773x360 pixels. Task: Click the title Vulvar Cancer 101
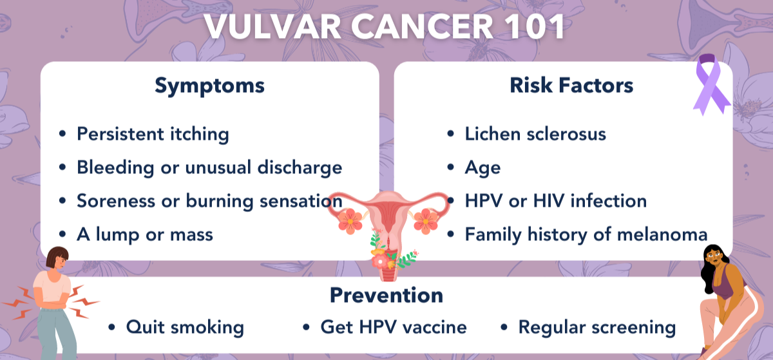tap(384, 26)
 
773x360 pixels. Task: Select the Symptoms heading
tap(209, 86)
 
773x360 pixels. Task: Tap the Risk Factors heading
tap(571, 85)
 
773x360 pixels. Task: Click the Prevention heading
tap(386, 295)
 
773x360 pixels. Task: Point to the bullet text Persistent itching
tap(153, 134)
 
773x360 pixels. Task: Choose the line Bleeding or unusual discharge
tap(209, 167)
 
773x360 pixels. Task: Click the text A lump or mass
tap(145, 234)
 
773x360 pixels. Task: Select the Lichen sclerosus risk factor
tap(535, 133)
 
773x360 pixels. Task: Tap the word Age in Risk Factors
tap(482, 168)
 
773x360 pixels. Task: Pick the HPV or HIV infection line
tap(555, 200)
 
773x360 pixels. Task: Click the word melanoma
tap(662, 234)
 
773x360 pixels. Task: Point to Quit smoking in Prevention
tap(185, 327)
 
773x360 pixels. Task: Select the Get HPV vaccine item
tap(394, 327)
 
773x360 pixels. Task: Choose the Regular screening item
tap(597, 328)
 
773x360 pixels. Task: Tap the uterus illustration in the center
tap(389, 231)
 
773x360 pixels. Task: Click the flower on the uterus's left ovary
tap(350, 222)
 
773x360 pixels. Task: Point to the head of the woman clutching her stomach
tap(58, 258)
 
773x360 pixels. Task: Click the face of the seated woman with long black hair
tap(713, 258)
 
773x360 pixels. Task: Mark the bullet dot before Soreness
tap(62, 201)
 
